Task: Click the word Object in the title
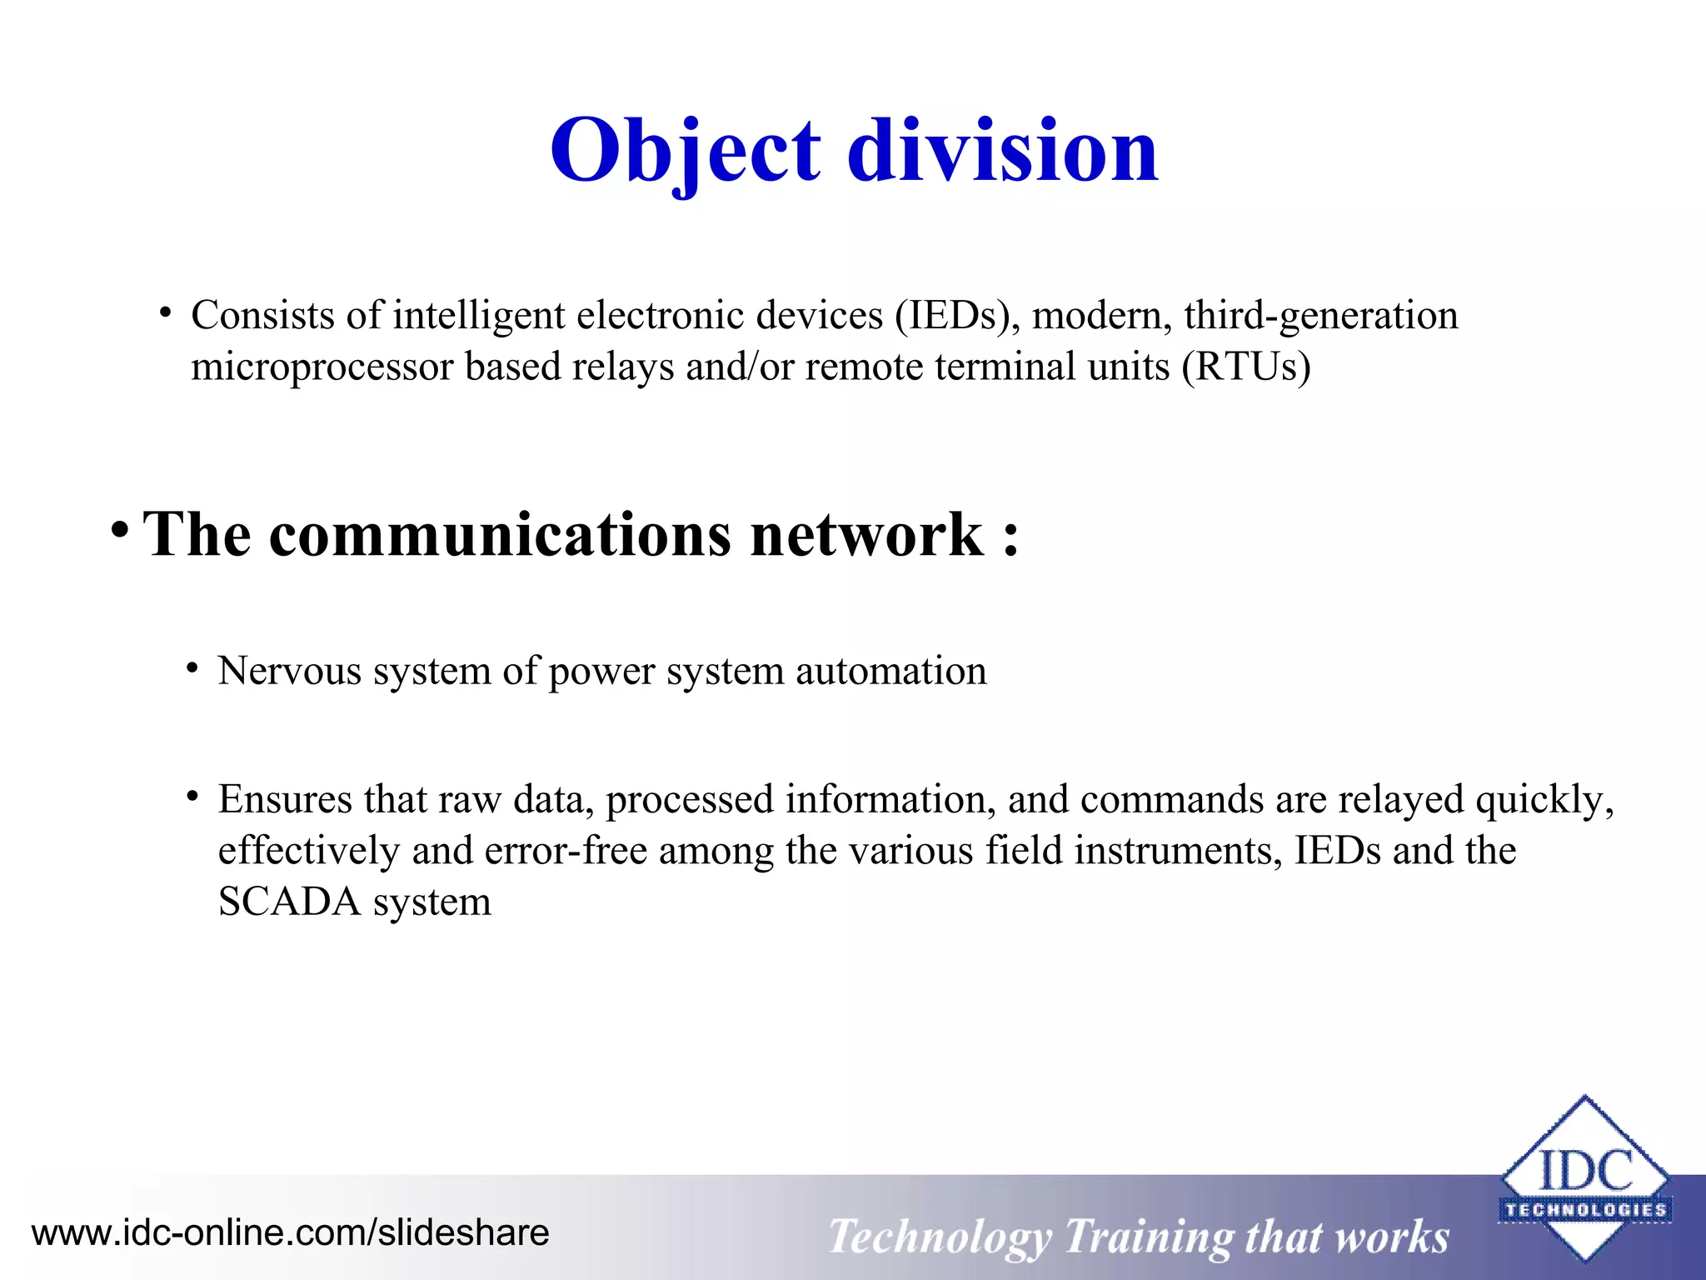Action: pyautogui.click(x=686, y=151)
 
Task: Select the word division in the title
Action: pyautogui.click(x=1003, y=151)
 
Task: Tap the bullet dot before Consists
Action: pyautogui.click(x=166, y=313)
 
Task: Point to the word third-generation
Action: pyautogui.click(x=1320, y=316)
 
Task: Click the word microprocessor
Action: pyautogui.click(x=322, y=367)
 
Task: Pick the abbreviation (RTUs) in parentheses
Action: pyautogui.click(x=1246, y=367)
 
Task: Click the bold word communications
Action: pyautogui.click(x=501, y=534)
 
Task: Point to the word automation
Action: pyautogui.click(x=890, y=671)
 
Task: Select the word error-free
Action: pyautogui.click(x=566, y=851)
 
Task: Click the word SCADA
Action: pyautogui.click(x=289, y=902)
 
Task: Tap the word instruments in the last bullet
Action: pyautogui.click(x=1178, y=851)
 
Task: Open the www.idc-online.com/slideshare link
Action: pyautogui.click(x=290, y=1232)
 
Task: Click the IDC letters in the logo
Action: pyautogui.click(x=1585, y=1170)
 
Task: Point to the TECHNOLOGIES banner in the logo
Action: pyautogui.click(x=1585, y=1210)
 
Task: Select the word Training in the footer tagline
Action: pyautogui.click(x=1147, y=1237)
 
